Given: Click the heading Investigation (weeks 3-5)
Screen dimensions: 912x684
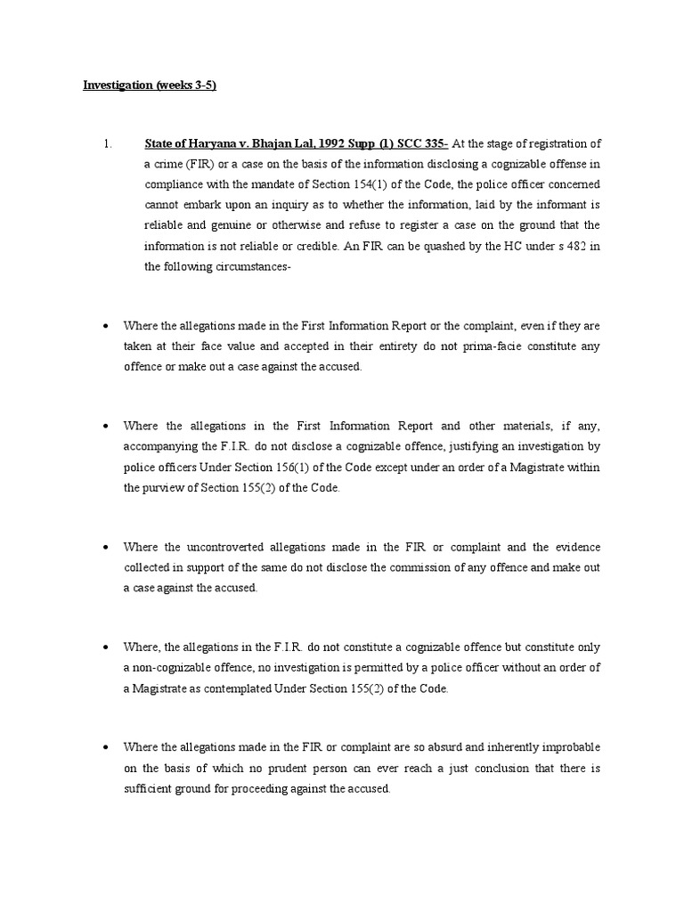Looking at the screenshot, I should tap(150, 86).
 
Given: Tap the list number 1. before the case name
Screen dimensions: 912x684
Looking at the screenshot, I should tap(106, 144).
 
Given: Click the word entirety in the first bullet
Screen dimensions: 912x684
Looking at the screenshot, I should tap(347, 346).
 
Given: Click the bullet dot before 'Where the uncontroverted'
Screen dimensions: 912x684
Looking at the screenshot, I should tap(107, 547).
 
